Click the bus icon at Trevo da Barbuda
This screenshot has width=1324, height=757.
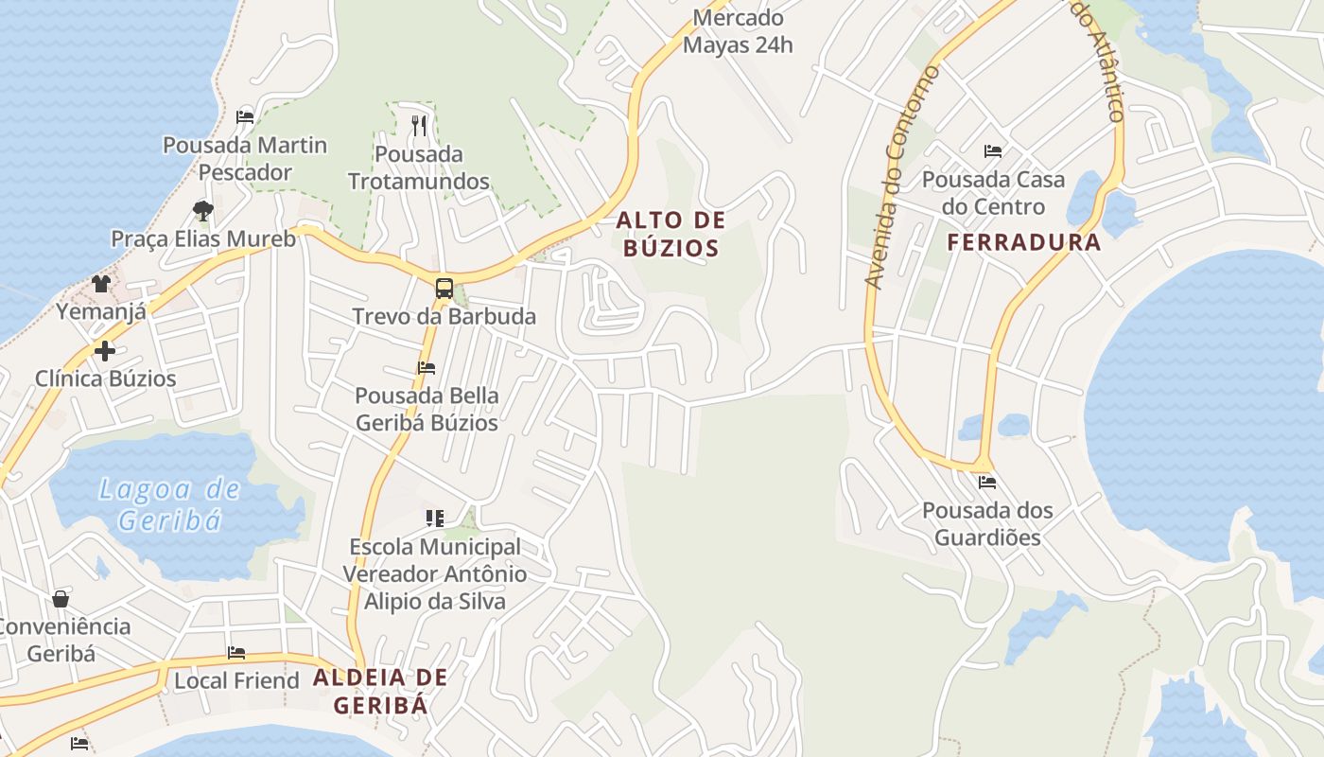click(x=444, y=288)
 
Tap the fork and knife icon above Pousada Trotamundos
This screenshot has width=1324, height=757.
click(x=419, y=125)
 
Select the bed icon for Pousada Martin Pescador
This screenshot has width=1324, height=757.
click(x=245, y=117)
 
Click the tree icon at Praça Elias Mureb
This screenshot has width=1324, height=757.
click(x=202, y=210)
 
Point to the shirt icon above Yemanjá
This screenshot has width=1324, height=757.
click(x=101, y=283)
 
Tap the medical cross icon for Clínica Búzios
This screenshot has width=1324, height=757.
click(x=105, y=351)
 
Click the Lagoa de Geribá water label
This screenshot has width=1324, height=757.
click(x=170, y=504)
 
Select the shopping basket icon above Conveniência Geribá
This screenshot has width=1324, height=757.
click(x=61, y=599)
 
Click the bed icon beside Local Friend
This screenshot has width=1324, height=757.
click(x=236, y=653)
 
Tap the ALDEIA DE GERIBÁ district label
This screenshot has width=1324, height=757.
click(x=380, y=691)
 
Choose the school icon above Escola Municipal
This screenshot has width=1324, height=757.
click(x=435, y=518)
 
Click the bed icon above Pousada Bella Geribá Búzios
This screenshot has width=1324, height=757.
click(x=427, y=367)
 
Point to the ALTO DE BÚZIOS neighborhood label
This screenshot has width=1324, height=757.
click(x=671, y=235)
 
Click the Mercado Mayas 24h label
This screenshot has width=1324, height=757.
click(x=738, y=30)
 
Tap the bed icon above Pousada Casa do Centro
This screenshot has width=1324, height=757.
click(x=992, y=150)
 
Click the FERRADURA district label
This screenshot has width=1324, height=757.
click(x=1024, y=242)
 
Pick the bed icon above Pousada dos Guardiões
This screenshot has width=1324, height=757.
click(x=987, y=483)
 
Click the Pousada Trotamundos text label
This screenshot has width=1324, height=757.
click(x=419, y=167)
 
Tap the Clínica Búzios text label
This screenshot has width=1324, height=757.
click(x=106, y=378)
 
